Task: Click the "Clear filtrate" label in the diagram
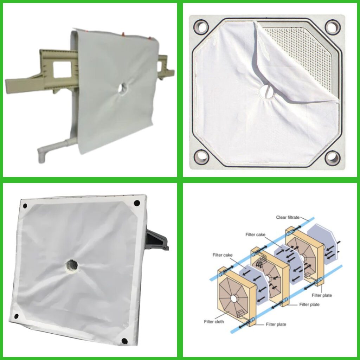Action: pyautogui.click(x=288, y=217)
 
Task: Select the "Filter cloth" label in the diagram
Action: pyautogui.click(x=214, y=322)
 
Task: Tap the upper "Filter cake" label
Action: pyautogui.click(x=255, y=234)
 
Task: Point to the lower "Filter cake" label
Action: pyautogui.click(x=223, y=255)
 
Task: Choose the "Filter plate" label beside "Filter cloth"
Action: pyautogui.click(x=276, y=324)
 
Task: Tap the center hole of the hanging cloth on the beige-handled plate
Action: pyautogui.click(x=123, y=88)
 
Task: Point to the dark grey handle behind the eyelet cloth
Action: pyautogui.click(x=157, y=239)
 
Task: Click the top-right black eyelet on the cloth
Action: pyautogui.click(x=137, y=203)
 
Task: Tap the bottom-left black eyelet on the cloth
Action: pyautogui.click(x=17, y=316)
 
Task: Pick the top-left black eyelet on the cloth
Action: pyautogui.click(x=25, y=206)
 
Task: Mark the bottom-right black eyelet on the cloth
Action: pyautogui.click(x=124, y=341)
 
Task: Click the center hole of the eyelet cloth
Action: pyautogui.click(x=72, y=266)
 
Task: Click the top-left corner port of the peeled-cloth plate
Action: pyautogui.click(x=201, y=27)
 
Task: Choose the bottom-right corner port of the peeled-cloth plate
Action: pyautogui.click(x=332, y=157)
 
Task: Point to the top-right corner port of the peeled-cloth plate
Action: pyautogui.click(x=333, y=27)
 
